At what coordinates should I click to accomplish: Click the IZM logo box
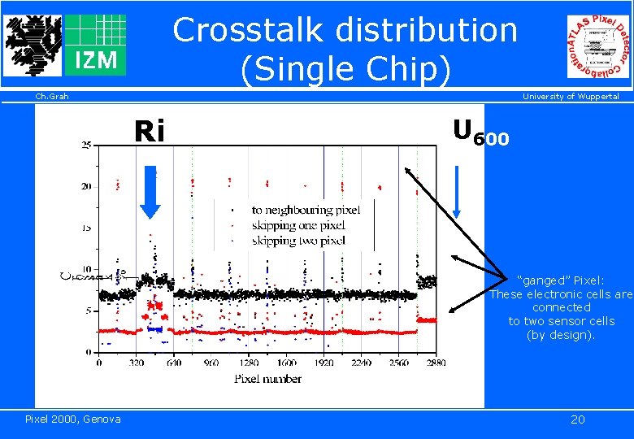[95, 45]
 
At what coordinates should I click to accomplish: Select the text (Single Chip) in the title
[345, 70]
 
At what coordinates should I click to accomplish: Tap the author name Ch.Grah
[52, 97]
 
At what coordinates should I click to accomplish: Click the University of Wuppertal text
[571, 97]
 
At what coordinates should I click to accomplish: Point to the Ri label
[150, 131]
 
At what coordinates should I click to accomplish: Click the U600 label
[480, 132]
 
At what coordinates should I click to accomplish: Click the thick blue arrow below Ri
[150, 192]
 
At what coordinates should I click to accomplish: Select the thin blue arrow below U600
[457, 192]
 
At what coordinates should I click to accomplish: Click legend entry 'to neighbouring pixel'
[305, 210]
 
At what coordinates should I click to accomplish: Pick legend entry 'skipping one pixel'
[298, 225]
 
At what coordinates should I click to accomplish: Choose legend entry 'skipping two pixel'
[298, 241]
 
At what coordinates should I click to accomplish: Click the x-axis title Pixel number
[267, 378]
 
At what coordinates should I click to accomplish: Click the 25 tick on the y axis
[86, 146]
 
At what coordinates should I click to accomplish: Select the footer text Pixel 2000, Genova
[73, 419]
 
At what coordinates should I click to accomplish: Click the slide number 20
[578, 419]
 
